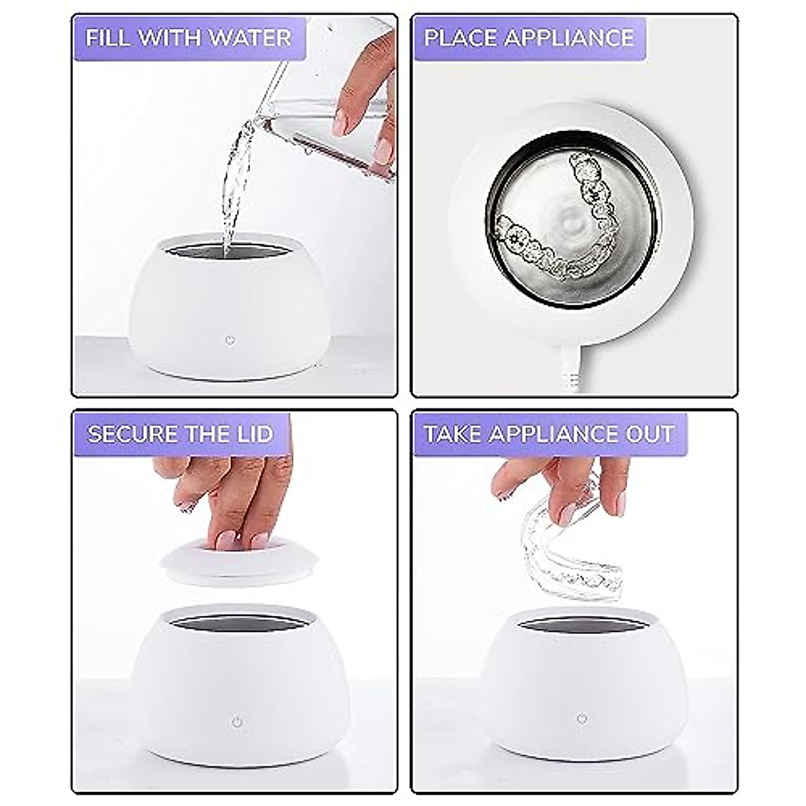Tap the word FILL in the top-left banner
106,38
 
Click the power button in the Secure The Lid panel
236,722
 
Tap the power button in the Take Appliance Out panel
582,719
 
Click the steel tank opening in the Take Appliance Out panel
582,626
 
